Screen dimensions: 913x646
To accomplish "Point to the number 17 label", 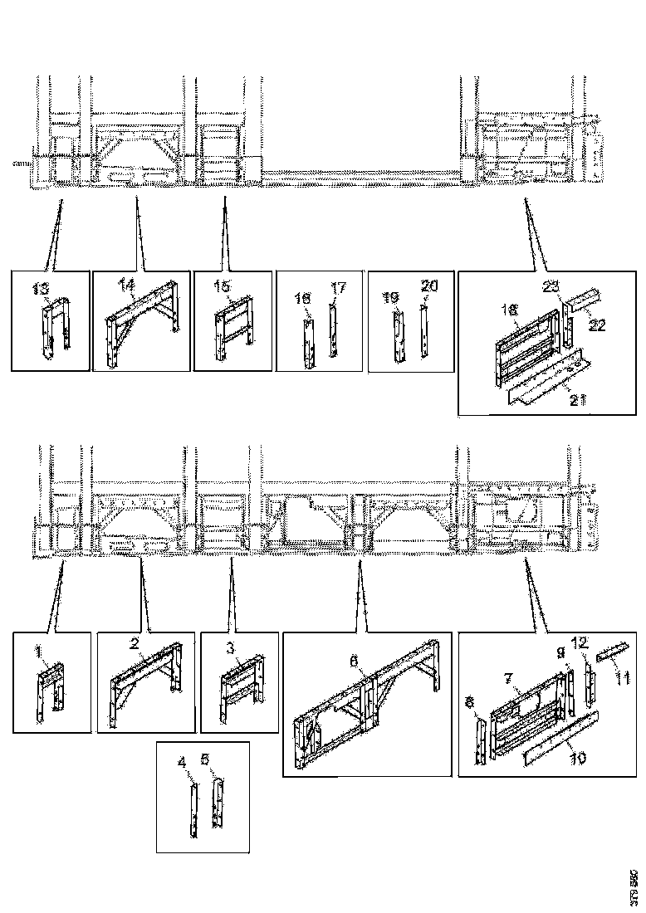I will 337,288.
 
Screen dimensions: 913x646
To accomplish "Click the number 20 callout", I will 428,286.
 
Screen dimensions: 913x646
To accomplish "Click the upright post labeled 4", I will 193,813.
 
